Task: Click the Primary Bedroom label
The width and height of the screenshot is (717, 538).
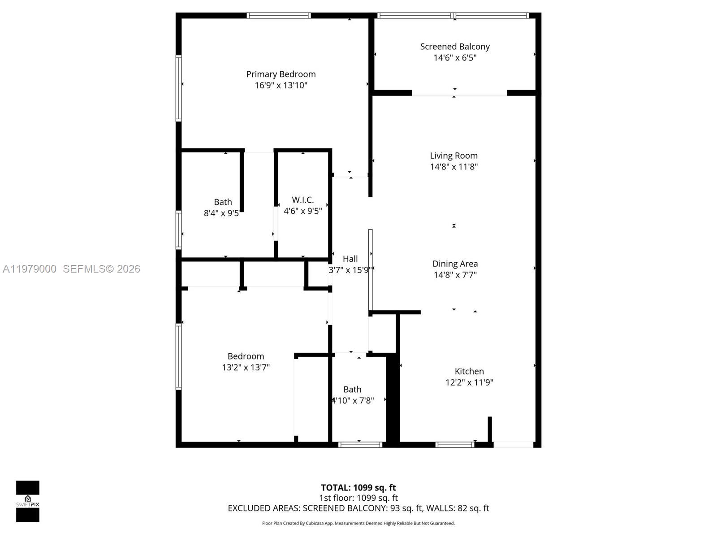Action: click(x=281, y=74)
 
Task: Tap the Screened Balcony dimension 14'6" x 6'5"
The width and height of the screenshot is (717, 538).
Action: click(x=455, y=58)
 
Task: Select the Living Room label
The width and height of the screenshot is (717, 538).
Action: click(x=454, y=156)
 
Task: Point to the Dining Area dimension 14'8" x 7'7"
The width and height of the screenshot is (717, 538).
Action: click(x=455, y=275)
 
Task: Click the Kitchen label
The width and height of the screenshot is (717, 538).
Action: click(x=469, y=371)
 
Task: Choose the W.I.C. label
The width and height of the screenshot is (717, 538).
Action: click(x=303, y=200)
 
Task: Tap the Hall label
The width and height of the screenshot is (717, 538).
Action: click(x=350, y=259)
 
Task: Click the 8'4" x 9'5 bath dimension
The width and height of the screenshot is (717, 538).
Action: click(x=221, y=213)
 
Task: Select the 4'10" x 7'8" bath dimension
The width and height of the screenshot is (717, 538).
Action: click(x=353, y=400)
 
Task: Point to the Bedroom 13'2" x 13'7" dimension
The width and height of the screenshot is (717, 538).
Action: click(x=246, y=367)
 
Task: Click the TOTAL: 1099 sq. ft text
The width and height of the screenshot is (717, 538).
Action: click(x=358, y=487)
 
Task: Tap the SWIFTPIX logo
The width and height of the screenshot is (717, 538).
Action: click(x=28, y=501)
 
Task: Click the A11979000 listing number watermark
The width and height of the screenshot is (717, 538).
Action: click(x=30, y=269)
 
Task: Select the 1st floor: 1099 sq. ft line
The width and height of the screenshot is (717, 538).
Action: click(x=358, y=498)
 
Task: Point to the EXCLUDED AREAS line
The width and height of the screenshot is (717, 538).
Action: click(x=358, y=508)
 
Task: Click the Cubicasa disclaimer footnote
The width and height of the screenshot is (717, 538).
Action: click(x=358, y=523)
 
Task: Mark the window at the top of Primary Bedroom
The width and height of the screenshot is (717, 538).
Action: click(x=278, y=16)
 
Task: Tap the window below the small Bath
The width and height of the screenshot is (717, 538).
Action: click(x=360, y=445)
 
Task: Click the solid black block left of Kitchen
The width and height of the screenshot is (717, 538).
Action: click(x=393, y=399)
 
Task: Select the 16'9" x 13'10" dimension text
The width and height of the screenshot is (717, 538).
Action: click(x=281, y=85)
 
